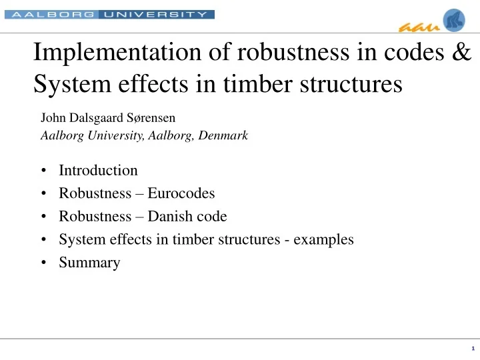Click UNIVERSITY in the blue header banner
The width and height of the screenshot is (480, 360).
157,14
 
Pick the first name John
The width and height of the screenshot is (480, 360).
53,119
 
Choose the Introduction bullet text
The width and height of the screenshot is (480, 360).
98,170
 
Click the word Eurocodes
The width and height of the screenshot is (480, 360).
182,193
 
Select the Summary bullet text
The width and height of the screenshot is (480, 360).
89,263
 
